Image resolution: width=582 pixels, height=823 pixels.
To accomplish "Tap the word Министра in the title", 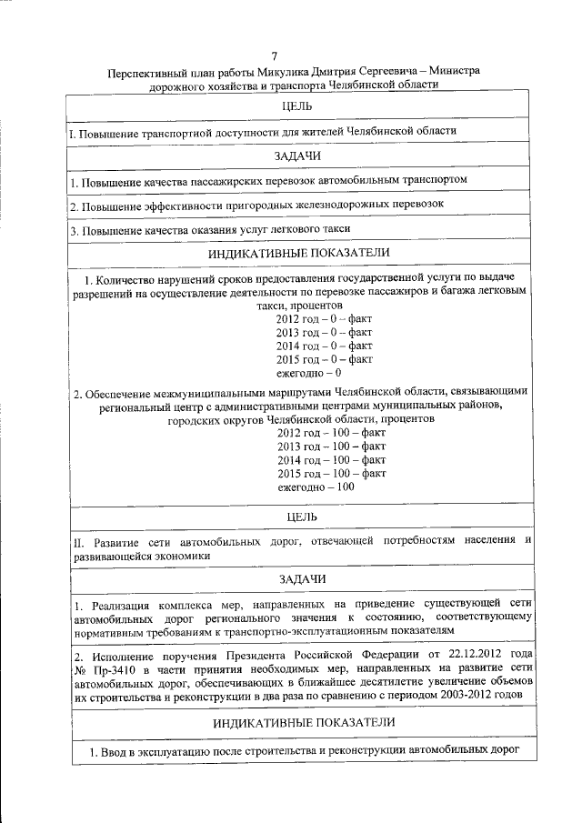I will click(450, 72).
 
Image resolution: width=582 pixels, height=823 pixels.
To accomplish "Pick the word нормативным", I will click(113, 630).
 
